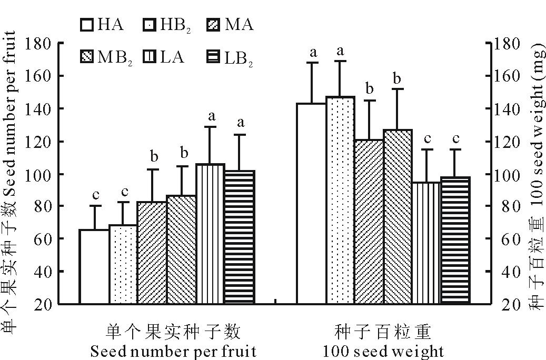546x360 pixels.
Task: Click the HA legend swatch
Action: click(87, 25)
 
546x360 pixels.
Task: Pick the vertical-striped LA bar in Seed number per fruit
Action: click(211, 234)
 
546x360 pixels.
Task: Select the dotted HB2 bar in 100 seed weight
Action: click(340, 201)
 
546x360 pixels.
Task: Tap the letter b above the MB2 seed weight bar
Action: click(398, 78)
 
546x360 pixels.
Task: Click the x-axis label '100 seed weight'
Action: click(384, 351)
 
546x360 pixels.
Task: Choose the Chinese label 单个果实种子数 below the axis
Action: click(173, 332)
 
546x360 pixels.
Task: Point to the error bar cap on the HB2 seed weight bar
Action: click(340, 61)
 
